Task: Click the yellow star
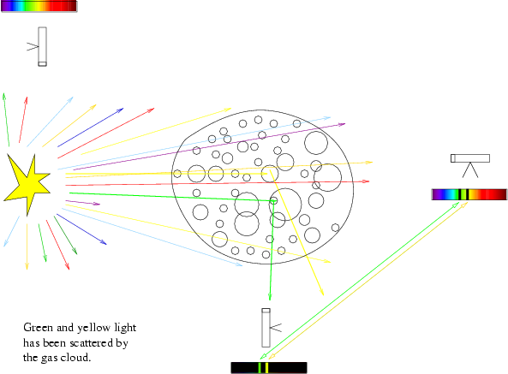(27, 183)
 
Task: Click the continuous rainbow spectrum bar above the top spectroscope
(39, 6)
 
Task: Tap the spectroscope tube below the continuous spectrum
(42, 46)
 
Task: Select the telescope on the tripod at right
(470, 158)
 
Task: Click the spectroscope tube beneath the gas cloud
(266, 328)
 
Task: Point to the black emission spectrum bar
(269, 368)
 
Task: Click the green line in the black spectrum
(260, 368)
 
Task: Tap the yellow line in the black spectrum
(266, 368)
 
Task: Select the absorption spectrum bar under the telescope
(469, 194)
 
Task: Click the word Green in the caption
(39, 328)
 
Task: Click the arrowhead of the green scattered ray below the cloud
(270, 296)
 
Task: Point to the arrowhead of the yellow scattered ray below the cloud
(322, 292)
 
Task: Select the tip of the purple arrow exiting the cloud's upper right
(345, 123)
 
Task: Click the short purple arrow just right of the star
(83, 203)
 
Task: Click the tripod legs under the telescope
(470, 169)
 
